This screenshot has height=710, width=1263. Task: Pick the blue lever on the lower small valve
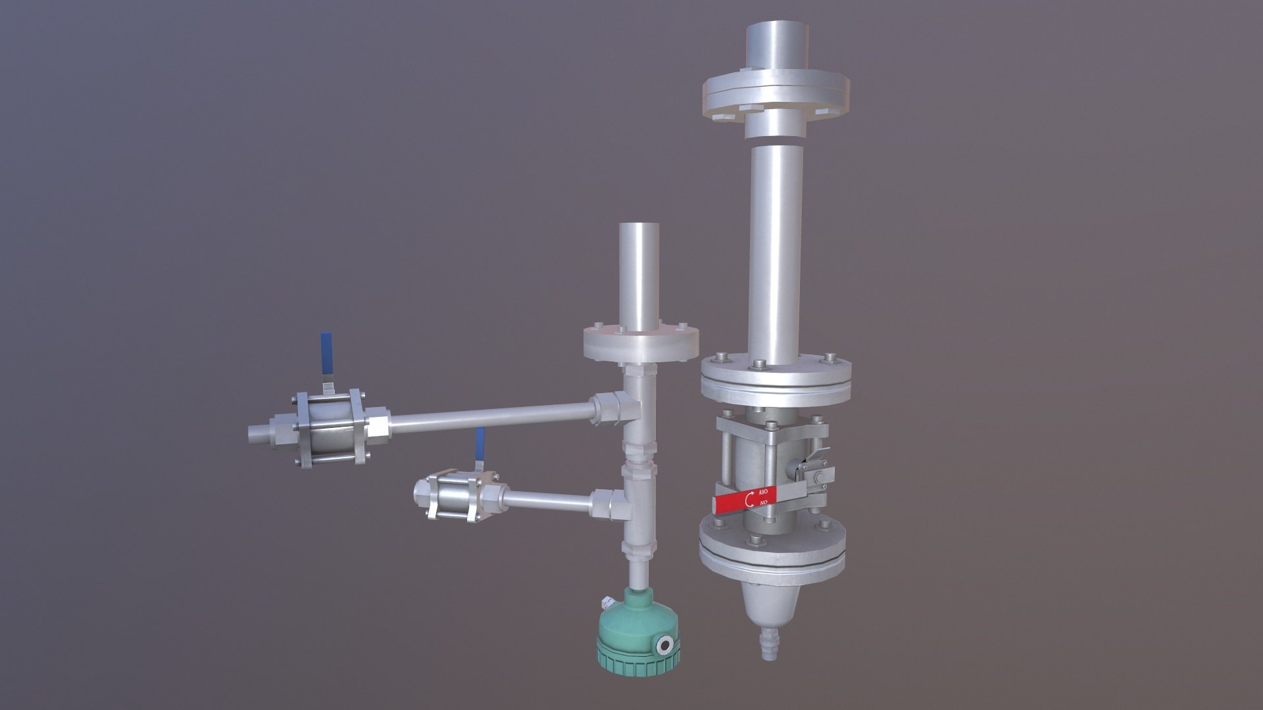click(480, 442)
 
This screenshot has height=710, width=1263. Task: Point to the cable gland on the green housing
click(608, 602)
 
